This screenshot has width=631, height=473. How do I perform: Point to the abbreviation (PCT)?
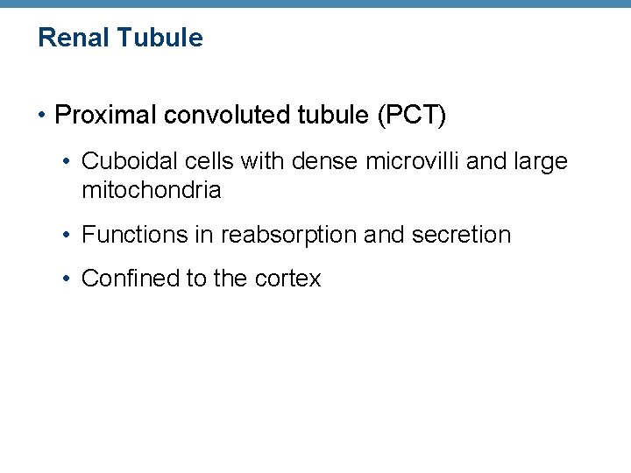click(x=411, y=116)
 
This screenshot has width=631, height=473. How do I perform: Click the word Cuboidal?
click(x=122, y=161)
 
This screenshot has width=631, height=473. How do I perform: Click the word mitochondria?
click(x=151, y=190)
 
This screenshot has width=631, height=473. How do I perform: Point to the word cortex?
click(x=288, y=279)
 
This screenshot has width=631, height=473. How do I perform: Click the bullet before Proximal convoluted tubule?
click(x=43, y=116)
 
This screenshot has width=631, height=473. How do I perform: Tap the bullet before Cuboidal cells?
click(x=68, y=161)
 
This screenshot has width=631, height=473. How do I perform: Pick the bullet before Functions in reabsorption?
click(x=68, y=235)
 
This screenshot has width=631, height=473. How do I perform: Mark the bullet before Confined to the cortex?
click(x=68, y=279)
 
